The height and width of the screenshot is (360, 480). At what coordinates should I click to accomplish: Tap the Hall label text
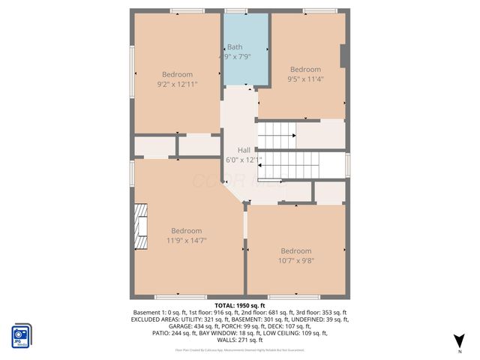coord(244,150)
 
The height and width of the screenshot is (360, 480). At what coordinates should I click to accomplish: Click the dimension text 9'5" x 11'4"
coord(305,79)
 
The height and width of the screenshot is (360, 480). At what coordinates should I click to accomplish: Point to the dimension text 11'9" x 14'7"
coord(186,240)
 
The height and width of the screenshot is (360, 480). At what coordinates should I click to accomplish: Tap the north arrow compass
coord(459,342)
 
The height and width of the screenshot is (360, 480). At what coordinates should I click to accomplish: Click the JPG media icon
coord(21,335)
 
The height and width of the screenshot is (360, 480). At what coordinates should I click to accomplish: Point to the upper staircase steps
coord(277,136)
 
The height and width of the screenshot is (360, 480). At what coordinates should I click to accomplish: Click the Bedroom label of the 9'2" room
coord(177,74)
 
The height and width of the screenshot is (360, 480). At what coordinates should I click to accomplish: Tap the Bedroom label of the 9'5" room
coord(305,69)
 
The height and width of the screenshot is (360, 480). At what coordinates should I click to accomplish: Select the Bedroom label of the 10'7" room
coord(295,250)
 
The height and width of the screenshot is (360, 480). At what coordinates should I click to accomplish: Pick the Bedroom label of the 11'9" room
coord(186,230)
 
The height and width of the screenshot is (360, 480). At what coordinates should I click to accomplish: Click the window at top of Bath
coord(235,10)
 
